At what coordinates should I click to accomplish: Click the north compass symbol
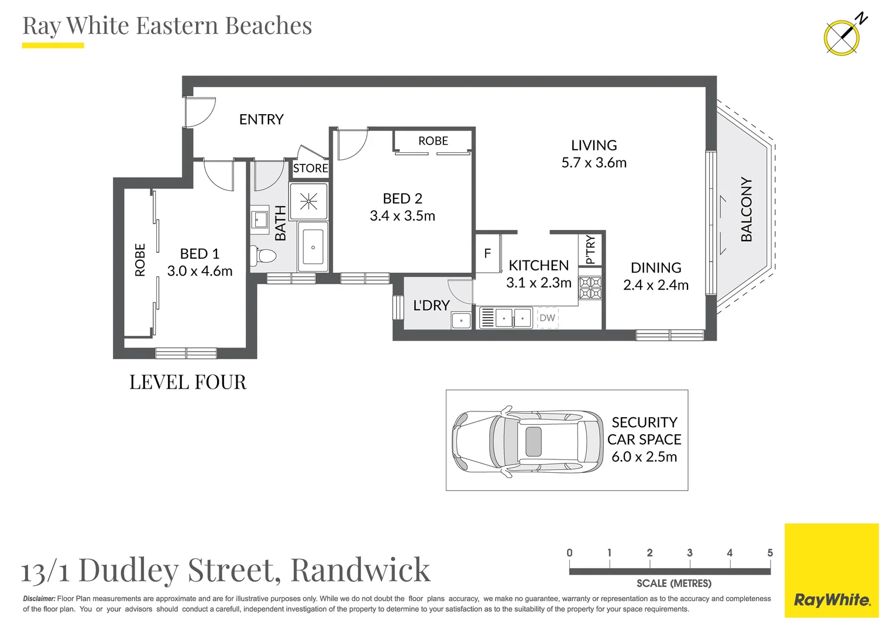point(843,37)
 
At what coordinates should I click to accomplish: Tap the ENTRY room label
point(261,119)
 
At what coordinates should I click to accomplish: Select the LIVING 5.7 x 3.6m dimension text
point(593,163)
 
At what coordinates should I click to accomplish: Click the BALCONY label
point(746,209)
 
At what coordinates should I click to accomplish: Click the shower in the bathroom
point(308,201)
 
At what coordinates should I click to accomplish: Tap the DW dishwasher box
point(547,318)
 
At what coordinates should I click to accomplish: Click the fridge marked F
point(487,253)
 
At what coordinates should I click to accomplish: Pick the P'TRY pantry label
point(590,250)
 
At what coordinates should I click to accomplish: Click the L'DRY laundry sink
point(461,320)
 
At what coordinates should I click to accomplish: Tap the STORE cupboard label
point(310,169)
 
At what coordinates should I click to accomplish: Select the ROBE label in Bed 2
point(433,141)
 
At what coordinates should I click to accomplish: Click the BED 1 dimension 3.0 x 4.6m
point(200,271)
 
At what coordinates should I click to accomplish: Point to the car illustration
point(527,440)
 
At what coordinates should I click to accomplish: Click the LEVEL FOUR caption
point(188,382)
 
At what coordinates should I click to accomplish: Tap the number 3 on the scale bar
point(689,553)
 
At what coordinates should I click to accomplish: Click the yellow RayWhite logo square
point(831,570)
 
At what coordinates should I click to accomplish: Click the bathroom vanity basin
point(259,220)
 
